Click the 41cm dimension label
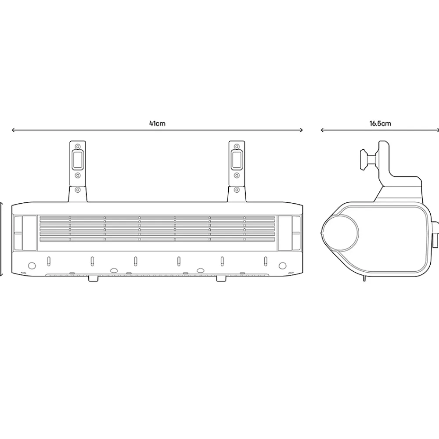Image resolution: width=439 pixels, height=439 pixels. pos(157,123)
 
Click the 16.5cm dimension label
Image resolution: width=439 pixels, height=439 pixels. pos(380,123)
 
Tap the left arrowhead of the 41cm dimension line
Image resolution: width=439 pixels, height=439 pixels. pos(13,130)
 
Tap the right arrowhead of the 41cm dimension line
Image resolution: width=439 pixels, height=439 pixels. pos(301,130)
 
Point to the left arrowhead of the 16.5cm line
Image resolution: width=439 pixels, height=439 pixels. pos(322,130)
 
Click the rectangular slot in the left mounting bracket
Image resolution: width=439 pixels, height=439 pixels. pos(78,160)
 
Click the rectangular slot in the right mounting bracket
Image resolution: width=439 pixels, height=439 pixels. pos(237,160)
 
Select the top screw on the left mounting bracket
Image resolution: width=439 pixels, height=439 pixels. pos(78,146)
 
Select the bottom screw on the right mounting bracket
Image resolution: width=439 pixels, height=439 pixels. pos(237,190)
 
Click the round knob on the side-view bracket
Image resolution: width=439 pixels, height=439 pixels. pos(365,159)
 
